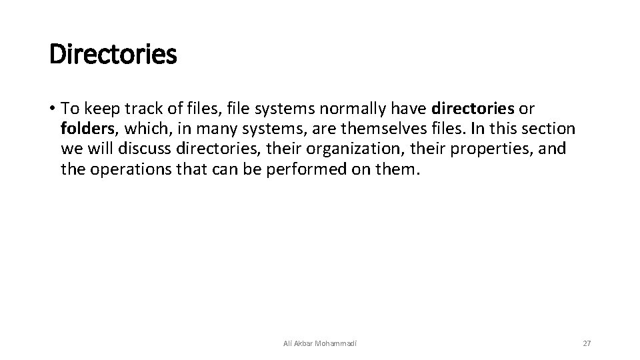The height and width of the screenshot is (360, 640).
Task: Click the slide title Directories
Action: point(113,55)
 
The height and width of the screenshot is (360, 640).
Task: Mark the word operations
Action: point(129,169)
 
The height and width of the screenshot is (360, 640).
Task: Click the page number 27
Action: point(587,343)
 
